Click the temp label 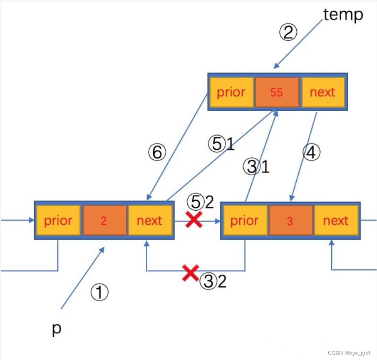[x=343, y=15]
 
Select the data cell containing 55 [x=277, y=92]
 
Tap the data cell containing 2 [x=104, y=221]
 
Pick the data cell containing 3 [x=290, y=221]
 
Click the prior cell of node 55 [x=231, y=92]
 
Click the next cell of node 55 [x=322, y=92]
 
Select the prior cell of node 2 [x=58, y=221]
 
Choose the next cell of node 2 [x=149, y=221]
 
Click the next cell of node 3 [x=335, y=221]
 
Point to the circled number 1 [x=99, y=293]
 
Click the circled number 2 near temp [x=288, y=32]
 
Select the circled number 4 [x=311, y=153]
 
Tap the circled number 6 [x=157, y=153]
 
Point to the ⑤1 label [x=221, y=144]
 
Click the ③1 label [x=256, y=167]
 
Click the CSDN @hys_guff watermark [x=349, y=353]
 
